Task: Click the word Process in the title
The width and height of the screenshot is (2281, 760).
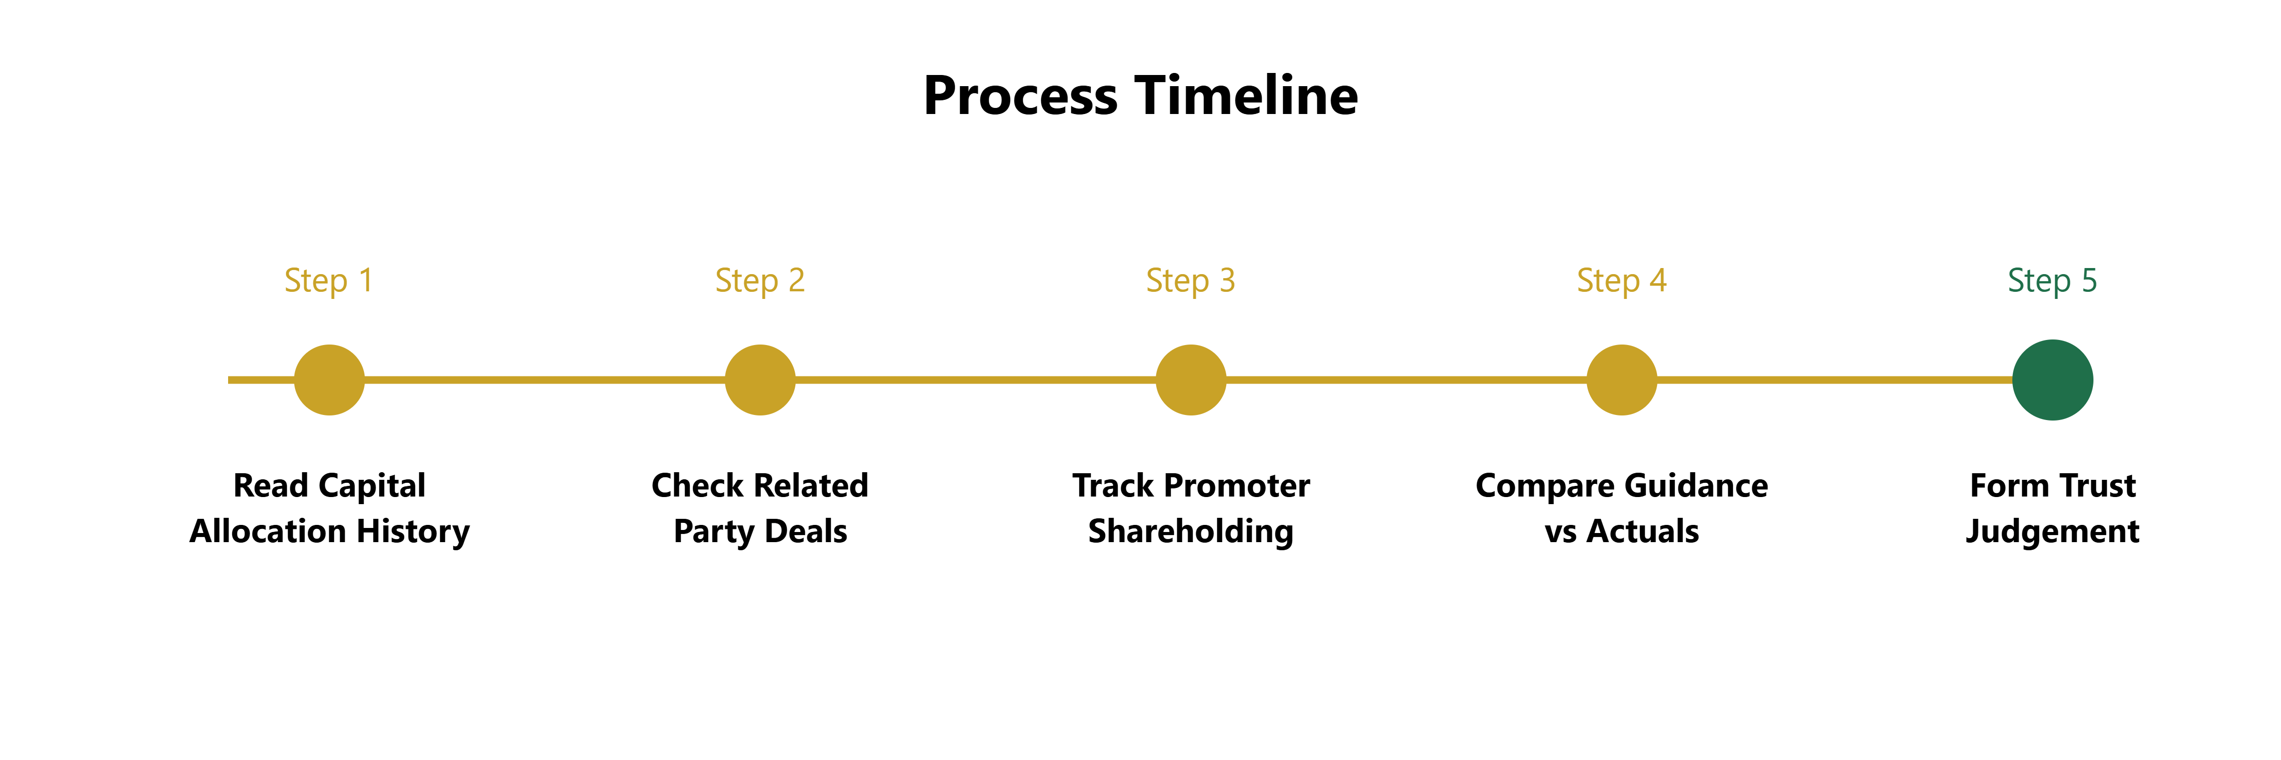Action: tap(1020, 96)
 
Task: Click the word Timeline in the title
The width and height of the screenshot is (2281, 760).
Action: tap(1247, 96)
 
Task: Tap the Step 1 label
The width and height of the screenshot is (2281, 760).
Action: tap(328, 281)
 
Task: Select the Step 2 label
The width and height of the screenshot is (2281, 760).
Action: tap(760, 281)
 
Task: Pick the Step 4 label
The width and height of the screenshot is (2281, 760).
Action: tap(1622, 281)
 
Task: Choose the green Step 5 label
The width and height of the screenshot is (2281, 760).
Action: tap(2052, 281)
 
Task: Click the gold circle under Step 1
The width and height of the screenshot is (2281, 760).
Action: tap(329, 379)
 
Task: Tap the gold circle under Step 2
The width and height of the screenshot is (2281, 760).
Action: tap(760, 379)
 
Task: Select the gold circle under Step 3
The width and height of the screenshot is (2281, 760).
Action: tap(1191, 379)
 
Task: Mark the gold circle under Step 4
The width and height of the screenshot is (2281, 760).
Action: tap(1622, 379)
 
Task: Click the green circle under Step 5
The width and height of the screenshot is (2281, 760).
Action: tap(2052, 379)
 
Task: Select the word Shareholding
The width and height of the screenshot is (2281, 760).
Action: tap(1191, 531)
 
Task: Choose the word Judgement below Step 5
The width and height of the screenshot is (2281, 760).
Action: tap(2052, 531)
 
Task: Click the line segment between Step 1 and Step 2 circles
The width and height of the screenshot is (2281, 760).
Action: tap(544, 379)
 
